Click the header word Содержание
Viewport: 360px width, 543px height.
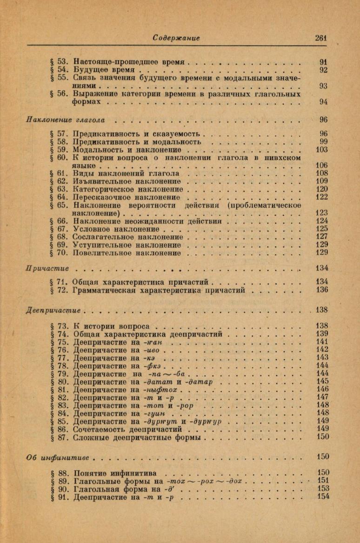(177, 38)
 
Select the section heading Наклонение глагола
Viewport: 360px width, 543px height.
(65, 120)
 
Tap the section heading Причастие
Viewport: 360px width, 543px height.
(47, 268)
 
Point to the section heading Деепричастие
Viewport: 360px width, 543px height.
(53, 310)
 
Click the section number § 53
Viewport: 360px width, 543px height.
(60, 61)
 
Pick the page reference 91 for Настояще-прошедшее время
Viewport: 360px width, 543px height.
(324, 61)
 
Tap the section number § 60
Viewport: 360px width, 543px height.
(60, 158)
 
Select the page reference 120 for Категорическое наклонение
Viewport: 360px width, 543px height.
(321, 190)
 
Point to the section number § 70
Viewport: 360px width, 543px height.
(60, 253)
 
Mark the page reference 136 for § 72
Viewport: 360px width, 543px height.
(321, 290)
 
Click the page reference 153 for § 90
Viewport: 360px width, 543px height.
(322, 489)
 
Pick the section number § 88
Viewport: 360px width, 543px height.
(60, 473)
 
